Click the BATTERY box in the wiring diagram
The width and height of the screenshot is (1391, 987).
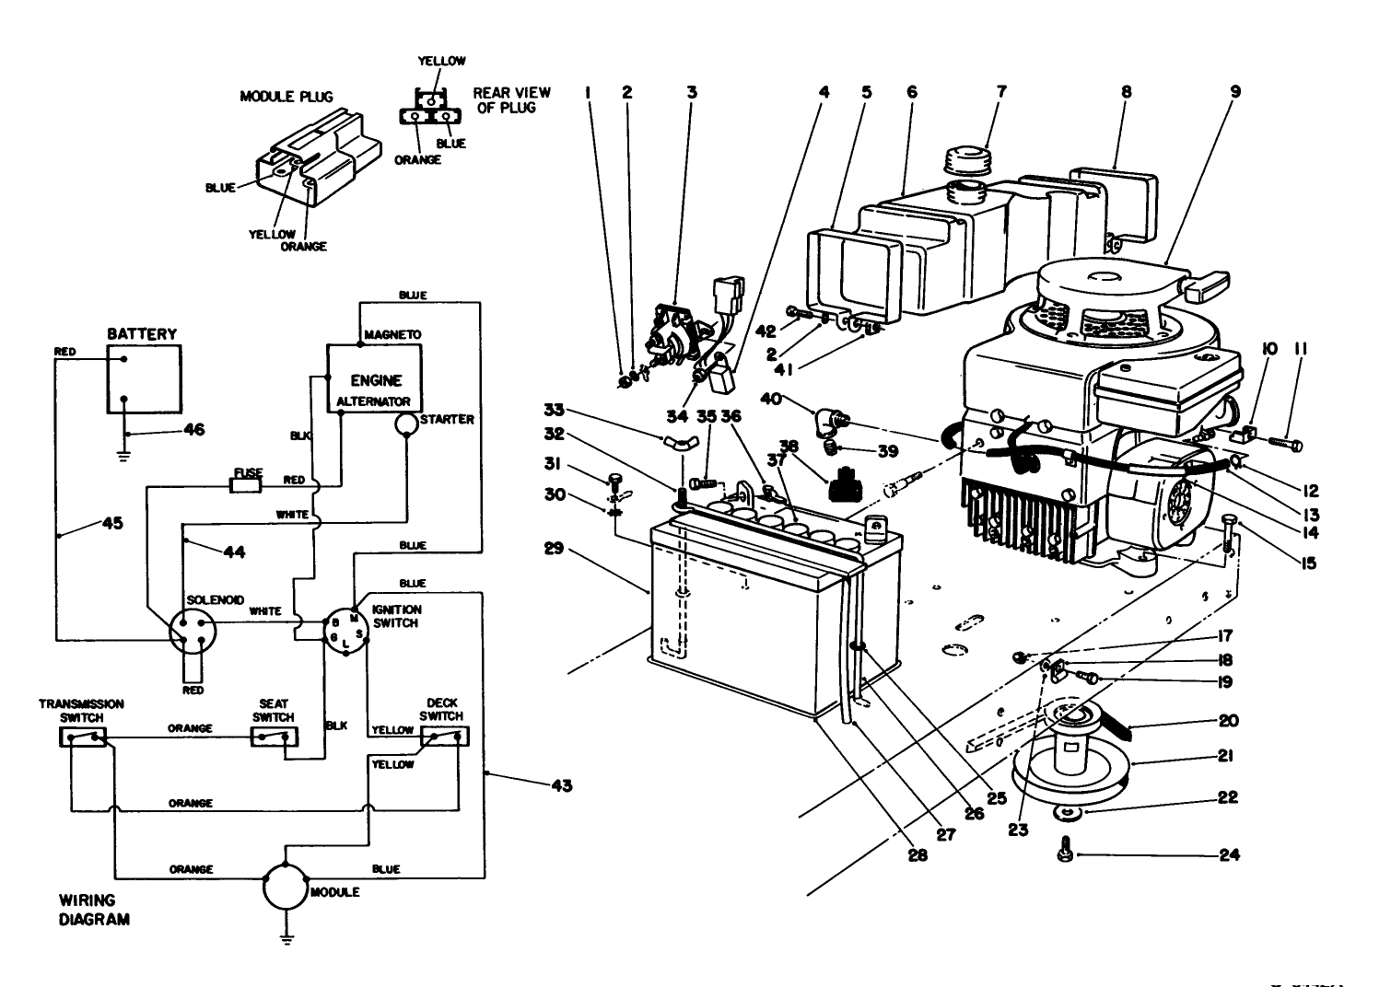144,379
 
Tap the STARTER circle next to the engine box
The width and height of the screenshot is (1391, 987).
406,423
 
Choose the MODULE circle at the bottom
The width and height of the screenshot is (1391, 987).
286,888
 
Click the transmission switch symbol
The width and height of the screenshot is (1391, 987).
84,737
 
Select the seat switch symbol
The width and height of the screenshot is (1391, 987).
274,737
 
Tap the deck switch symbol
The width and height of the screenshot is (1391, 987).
443,737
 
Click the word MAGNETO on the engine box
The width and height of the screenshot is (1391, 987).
392,334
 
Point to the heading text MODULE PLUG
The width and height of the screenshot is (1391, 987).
286,97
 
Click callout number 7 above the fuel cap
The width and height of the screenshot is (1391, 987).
1001,92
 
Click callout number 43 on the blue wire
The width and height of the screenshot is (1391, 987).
561,786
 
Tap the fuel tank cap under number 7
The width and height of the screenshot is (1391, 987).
970,165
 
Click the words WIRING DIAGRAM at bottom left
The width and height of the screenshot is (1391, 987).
94,909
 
